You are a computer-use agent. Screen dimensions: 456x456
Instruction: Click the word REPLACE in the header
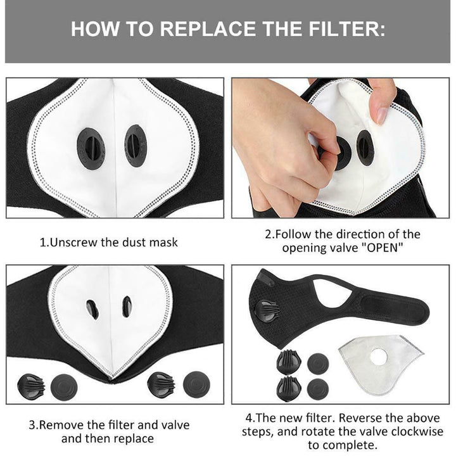pyautogui.click(x=193, y=29)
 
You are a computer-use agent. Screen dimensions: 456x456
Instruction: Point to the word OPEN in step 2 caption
pyautogui.click(x=382, y=247)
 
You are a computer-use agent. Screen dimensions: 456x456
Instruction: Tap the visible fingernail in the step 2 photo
pyautogui.click(x=381, y=114)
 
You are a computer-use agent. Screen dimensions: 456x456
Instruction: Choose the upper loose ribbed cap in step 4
pyautogui.click(x=288, y=363)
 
